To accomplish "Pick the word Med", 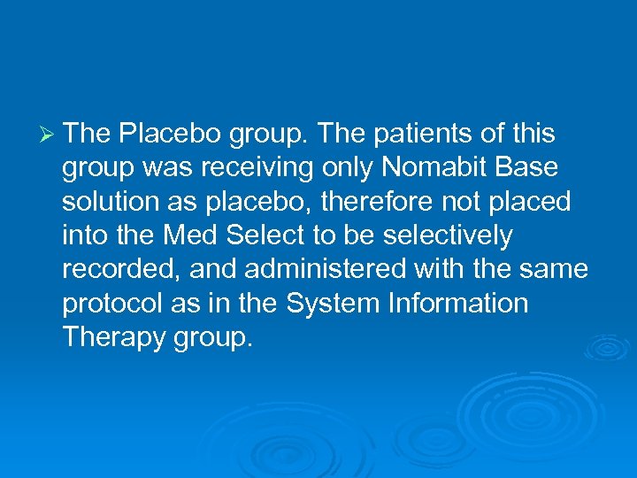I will (x=188, y=235).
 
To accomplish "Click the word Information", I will (x=458, y=303).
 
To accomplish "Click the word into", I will (x=83, y=235).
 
